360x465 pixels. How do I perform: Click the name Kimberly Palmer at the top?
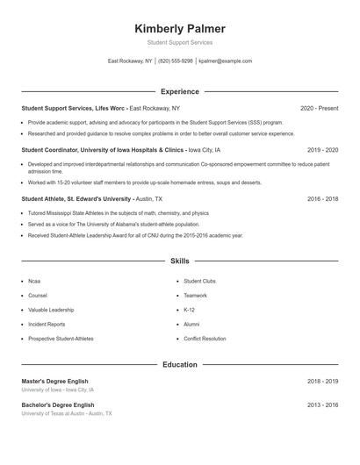coord(180,28)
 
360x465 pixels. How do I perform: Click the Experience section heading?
coord(180,91)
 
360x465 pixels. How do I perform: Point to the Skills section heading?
coord(180,261)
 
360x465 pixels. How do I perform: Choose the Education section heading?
coord(180,364)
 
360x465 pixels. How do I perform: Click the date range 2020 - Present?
coord(319,108)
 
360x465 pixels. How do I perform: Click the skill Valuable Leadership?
coord(50,310)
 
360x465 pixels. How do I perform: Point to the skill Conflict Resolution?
coord(205,339)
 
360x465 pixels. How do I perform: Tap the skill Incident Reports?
coord(47,324)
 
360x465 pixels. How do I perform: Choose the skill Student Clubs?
coord(199,282)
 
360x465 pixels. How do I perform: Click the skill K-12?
coord(190,310)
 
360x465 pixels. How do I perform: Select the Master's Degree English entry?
coord(55,382)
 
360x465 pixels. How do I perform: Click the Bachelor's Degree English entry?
coord(57,404)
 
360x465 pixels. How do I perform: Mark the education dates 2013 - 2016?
coord(322,404)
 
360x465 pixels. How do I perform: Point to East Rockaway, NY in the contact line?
coord(129,61)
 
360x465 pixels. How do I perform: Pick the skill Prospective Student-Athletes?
coord(61,339)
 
